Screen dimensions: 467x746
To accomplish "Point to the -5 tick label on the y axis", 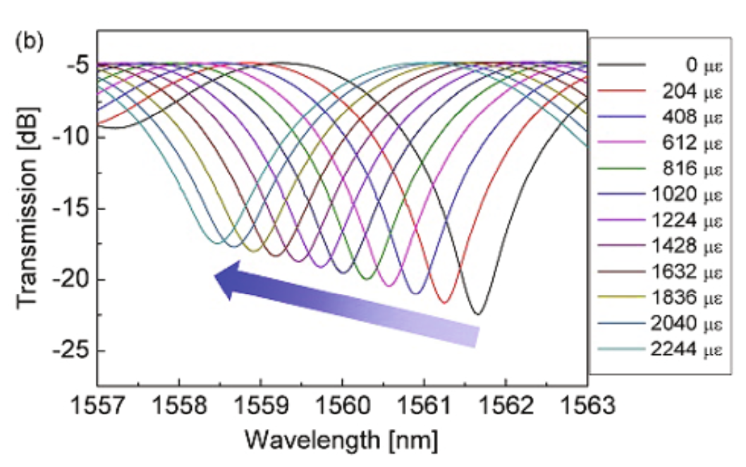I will pyautogui.click(x=77, y=65).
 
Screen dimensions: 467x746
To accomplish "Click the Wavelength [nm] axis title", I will pyautogui.click(x=342, y=440).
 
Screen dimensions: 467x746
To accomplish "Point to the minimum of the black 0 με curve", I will pyautogui.click(x=477, y=314).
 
